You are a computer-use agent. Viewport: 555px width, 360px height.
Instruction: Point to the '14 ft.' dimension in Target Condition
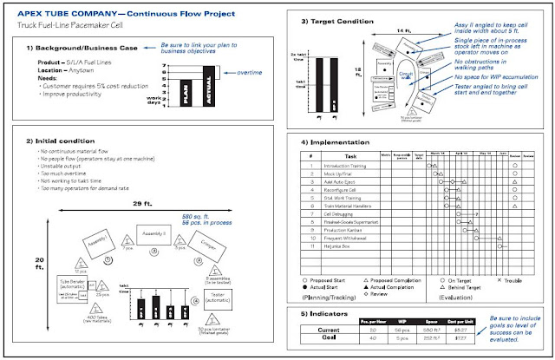tap(382, 31)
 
